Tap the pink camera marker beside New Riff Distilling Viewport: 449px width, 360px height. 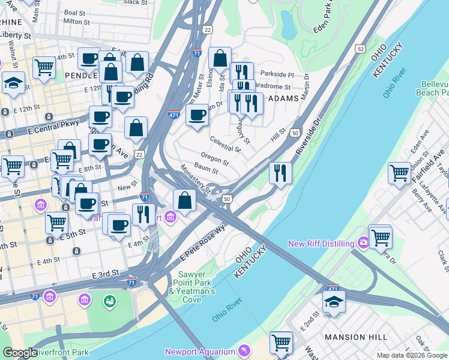click(363, 243)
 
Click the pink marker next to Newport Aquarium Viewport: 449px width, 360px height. click(244, 349)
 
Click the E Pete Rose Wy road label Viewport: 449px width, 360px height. click(202, 242)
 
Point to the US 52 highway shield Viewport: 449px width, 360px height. click(360, 48)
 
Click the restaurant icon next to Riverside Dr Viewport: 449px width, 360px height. click(280, 173)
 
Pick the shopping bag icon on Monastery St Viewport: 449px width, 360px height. click(185, 200)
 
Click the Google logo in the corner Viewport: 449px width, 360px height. click(19, 353)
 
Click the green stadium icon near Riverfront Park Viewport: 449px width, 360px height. click(110, 300)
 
